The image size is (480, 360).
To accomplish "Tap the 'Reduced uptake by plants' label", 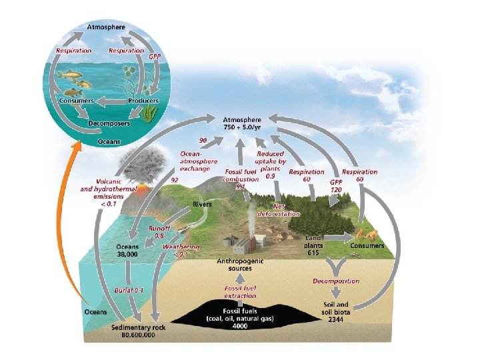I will click(271, 162).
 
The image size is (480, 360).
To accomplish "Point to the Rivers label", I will click(203, 204).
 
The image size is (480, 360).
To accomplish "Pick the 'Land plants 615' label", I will click(314, 245).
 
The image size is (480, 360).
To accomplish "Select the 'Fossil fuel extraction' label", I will click(240, 292).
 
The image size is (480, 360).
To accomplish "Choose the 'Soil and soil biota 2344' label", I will click(331, 311).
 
